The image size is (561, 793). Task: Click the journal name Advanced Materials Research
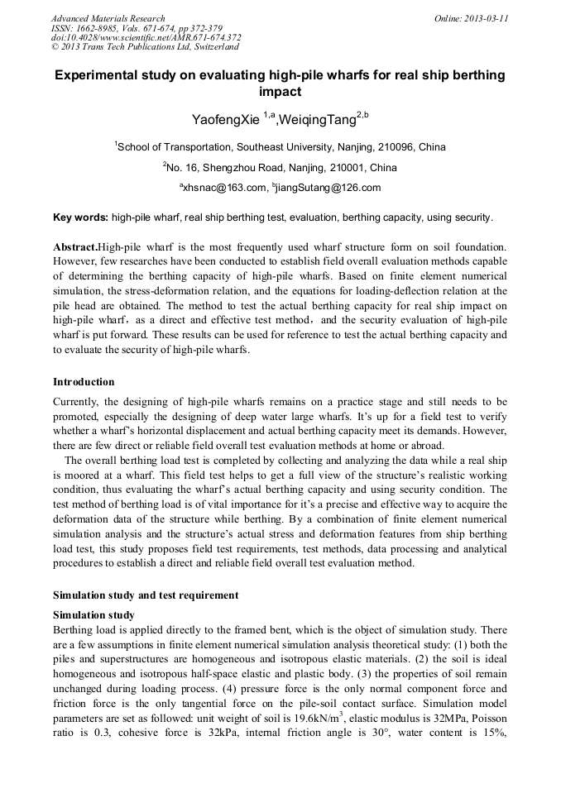tap(108, 18)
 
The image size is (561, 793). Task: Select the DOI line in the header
tap(146, 37)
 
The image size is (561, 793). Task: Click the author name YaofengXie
tap(225, 121)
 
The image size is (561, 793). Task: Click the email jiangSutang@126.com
tap(328, 188)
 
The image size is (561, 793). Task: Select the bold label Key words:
tap(80, 218)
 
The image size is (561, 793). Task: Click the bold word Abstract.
tap(74, 247)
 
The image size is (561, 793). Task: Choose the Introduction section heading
tap(84, 382)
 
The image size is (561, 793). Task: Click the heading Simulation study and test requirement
tap(146, 595)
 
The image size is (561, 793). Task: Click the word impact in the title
tap(280, 92)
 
